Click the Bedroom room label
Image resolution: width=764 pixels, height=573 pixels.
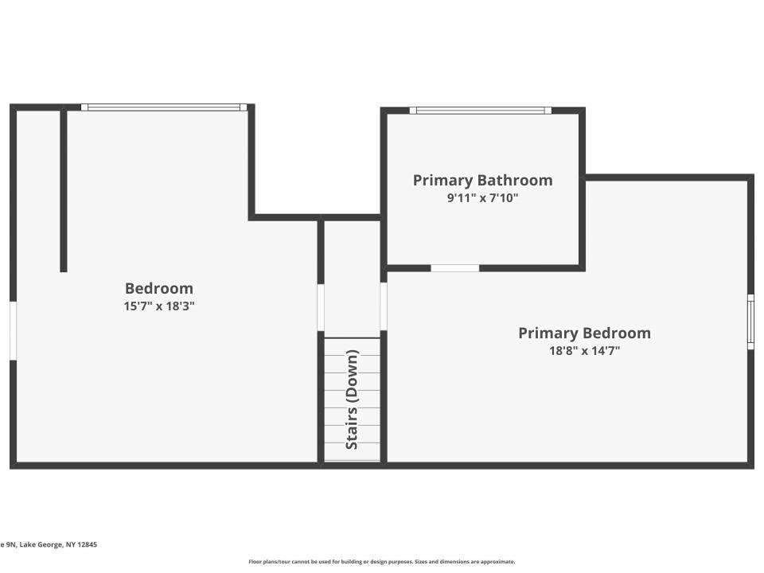[159, 288]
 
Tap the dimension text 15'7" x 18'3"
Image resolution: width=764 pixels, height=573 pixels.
[159, 306]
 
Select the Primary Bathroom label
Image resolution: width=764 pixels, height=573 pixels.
[482, 181]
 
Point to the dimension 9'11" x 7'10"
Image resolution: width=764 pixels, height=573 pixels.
[482, 197]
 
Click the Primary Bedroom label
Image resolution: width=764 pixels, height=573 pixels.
[584, 333]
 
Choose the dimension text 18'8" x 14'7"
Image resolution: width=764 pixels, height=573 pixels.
[584, 349]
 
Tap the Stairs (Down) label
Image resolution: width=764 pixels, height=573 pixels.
[352, 400]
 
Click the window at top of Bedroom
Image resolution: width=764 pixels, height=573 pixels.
[164, 107]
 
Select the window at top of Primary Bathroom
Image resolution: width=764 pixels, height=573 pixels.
[481, 110]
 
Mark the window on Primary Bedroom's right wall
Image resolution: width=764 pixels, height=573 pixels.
[750, 321]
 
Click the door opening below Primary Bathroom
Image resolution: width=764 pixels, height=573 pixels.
[455, 268]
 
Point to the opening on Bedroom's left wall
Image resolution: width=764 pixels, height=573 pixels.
[13, 330]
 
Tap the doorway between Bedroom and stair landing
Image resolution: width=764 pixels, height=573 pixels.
[321, 307]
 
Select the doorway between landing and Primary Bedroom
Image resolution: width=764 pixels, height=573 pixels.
[384, 306]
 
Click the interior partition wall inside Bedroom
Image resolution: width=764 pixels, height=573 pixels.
[64, 191]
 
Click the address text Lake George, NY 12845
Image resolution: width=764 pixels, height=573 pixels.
[49, 544]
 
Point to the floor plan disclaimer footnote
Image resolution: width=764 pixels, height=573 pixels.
[382, 561]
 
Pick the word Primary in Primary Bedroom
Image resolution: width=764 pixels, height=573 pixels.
[548, 333]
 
